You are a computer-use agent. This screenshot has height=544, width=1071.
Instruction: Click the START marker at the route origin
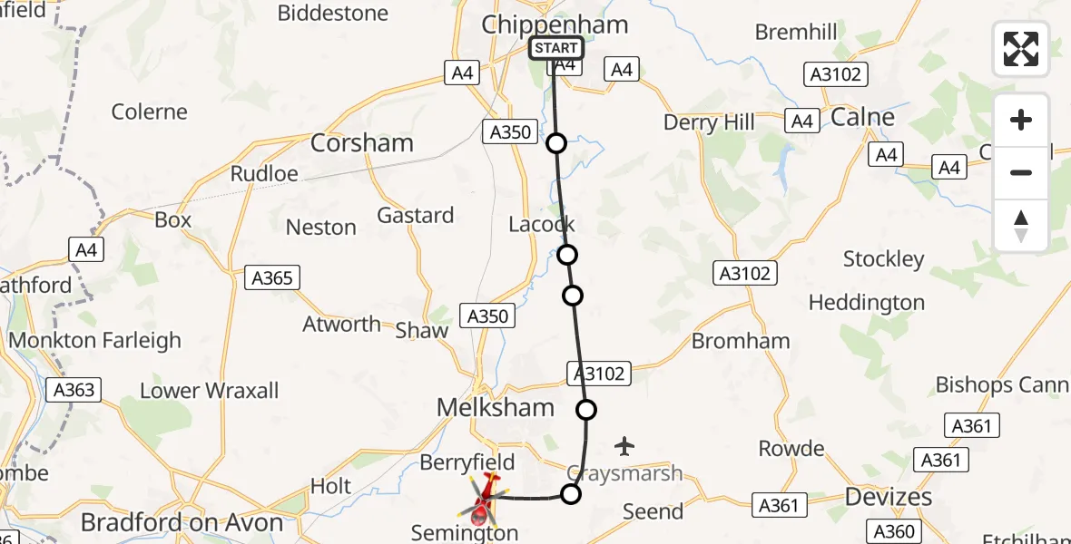[x=555, y=48]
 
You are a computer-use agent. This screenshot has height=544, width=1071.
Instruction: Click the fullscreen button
[x=1021, y=49]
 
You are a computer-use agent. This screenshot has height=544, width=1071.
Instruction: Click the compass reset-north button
[x=1021, y=226]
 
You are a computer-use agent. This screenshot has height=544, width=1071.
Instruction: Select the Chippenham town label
[x=555, y=24]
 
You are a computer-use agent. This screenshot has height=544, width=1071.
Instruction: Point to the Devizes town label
[x=889, y=497]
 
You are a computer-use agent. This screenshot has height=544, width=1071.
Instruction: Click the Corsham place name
[x=362, y=143]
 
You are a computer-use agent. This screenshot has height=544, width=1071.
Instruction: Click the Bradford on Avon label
[x=182, y=523]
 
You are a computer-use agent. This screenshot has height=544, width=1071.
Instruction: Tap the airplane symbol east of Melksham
[x=624, y=446]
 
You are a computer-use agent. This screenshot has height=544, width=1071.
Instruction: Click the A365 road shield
[x=272, y=277]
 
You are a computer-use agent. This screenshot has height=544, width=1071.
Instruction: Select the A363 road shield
[x=74, y=390]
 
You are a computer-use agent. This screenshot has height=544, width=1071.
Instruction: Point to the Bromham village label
[x=741, y=342]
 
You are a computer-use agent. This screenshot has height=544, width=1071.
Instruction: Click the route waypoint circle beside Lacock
[x=567, y=255]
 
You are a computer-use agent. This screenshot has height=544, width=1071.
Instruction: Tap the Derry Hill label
[x=709, y=123]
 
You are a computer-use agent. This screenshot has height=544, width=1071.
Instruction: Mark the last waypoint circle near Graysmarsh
[x=571, y=494]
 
